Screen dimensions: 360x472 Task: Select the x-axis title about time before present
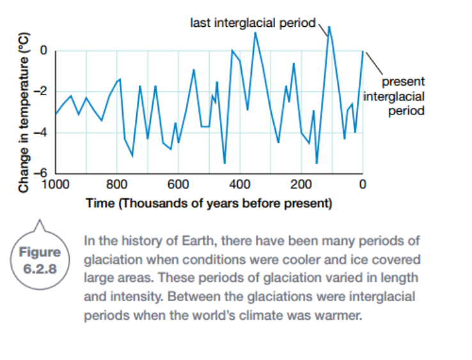point(209,203)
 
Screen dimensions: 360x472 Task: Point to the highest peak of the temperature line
point(329,27)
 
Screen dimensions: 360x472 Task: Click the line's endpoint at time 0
point(363,51)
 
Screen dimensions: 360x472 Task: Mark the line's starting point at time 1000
point(56,114)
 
